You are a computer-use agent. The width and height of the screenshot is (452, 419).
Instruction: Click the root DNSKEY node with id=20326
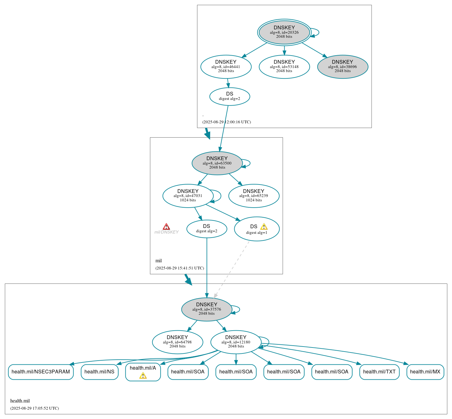tap(284, 32)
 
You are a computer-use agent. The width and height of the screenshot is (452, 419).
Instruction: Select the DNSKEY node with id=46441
tap(226, 67)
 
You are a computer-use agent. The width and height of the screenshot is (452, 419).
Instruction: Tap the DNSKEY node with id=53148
tap(284, 67)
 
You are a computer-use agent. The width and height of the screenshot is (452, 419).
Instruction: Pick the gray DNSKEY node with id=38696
tap(343, 67)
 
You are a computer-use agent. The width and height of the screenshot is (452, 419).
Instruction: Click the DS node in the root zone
tap(230, 96)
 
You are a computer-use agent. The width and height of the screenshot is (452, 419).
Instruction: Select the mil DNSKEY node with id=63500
tap(217, 163)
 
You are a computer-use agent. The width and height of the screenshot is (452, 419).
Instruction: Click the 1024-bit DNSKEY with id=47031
tap(188, 196)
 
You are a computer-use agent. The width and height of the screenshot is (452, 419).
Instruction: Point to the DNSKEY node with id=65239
tap(254, 196)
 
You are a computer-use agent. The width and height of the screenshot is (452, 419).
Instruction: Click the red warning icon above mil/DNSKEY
tap(166, 226)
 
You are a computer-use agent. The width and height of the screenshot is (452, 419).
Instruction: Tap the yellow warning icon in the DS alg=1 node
tap(264, 227)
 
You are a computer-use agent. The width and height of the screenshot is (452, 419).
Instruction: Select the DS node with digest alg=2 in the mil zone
tap(206, 229)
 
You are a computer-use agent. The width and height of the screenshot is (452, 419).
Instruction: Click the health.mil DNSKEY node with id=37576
tap(206, 309)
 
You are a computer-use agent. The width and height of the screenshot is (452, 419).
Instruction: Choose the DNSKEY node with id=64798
tap(177, 342)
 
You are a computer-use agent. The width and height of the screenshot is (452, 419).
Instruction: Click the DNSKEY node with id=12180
tap(236, 342)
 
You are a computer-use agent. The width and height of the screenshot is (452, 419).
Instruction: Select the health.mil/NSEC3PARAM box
tap(41, 372)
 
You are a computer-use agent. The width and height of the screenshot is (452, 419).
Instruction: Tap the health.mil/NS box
tap(99, 372)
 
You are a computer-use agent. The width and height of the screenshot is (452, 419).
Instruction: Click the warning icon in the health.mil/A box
tap(143, 376)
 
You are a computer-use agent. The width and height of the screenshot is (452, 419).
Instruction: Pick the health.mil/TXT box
tap(379, 372)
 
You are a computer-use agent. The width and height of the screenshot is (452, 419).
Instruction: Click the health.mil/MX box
tap(425, 372)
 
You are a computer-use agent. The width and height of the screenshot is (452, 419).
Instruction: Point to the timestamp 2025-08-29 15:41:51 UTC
tap(180, 268)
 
